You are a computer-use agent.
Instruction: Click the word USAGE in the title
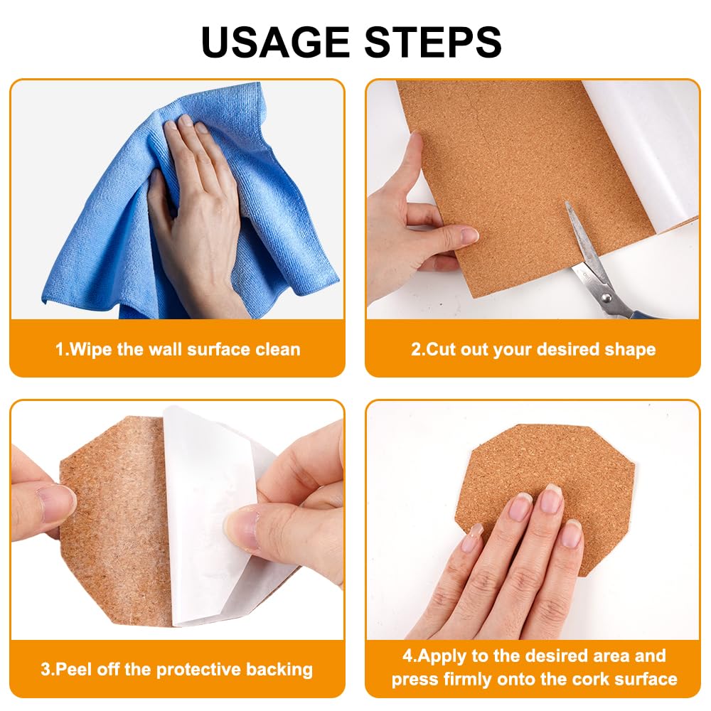[x=275, y=42]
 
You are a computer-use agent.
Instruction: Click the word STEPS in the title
[x=433, y=42]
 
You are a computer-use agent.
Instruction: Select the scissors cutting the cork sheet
[x=603, y=267]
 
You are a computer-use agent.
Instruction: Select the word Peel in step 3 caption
[x=70, y=669]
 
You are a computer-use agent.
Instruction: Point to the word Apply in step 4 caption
[x=442, y=656]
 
